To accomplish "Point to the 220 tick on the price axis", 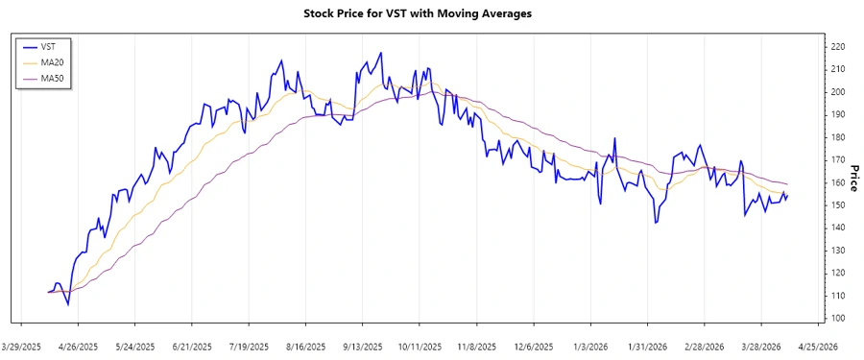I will [x=838, y=46].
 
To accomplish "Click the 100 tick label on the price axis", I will [x=838, y=318].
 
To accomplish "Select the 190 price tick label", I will [x=838, y=114].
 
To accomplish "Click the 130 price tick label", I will [x=838, y=251].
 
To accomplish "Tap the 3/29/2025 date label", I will [x=22, y=346].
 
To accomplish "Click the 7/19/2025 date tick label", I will [x=250, y=346].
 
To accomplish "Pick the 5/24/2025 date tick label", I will [x=135, y=346].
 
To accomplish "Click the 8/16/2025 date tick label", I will [x=306, y=346].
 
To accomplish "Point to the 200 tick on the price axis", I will [x=838, y=91].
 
